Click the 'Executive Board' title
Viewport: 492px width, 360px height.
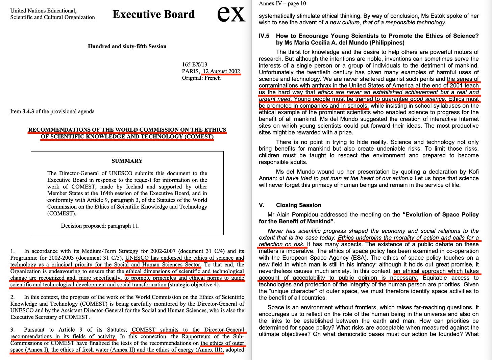click(153, 14)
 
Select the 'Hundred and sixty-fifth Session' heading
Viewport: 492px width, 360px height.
click(127, 46)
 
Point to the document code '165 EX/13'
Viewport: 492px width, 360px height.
click(195, 65)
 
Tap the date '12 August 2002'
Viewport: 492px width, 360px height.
click(221, 71)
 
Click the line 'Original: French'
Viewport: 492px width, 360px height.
click(201, 78)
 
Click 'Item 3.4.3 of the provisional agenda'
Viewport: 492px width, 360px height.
click(52, 111)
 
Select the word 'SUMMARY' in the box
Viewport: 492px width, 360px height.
click(127, 161)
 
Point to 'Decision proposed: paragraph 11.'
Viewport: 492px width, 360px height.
click(100, 226)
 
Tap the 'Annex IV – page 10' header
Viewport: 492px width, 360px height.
click(282, 4)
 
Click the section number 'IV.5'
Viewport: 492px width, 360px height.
click(264, 36)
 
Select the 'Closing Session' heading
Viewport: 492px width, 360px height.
click(298, 205)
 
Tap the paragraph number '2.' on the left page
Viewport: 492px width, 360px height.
click(13, 297)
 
